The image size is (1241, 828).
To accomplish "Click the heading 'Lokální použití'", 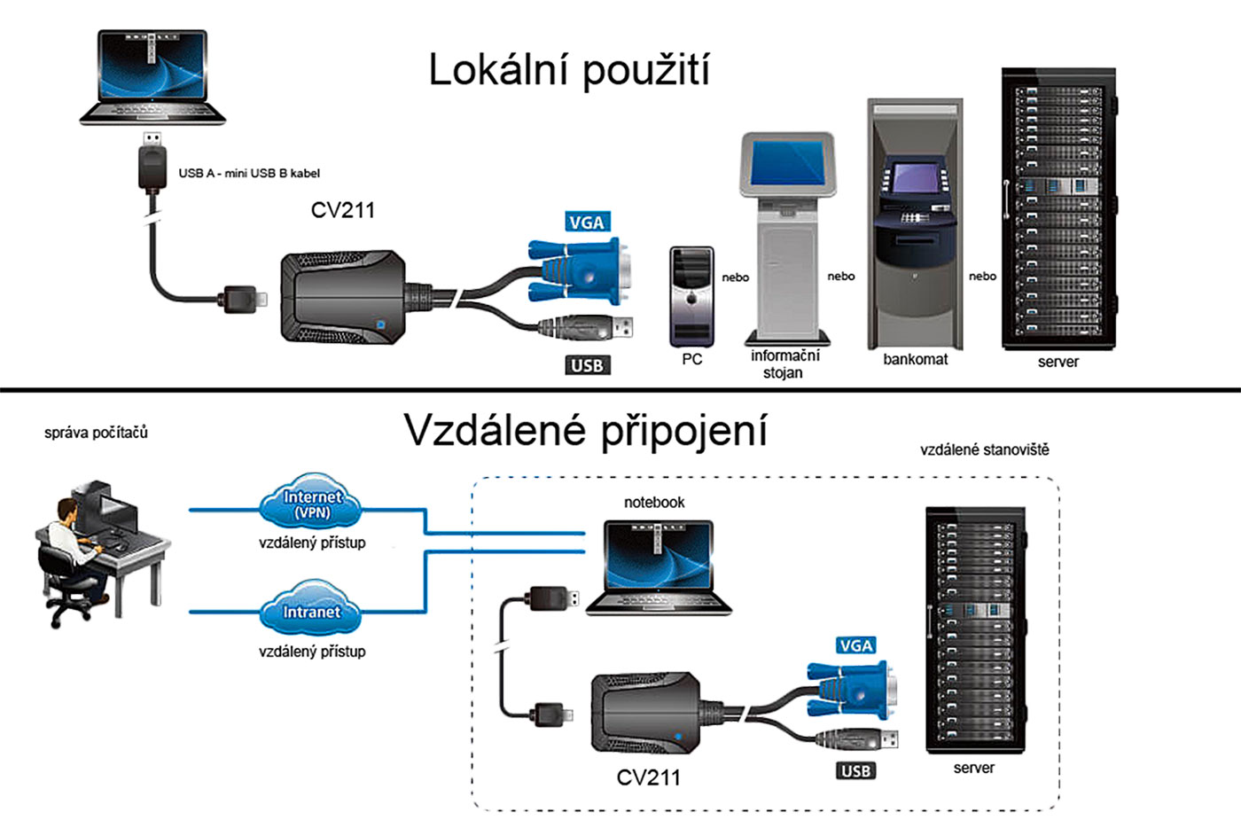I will (x=568, y=70).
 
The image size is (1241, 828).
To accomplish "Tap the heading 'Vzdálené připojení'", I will (x=585, y=430).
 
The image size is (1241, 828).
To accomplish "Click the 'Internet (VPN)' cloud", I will (x=312, y=503).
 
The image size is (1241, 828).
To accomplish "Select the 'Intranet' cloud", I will (x=311, y=611).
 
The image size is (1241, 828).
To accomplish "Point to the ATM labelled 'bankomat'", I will (x=914, y=225).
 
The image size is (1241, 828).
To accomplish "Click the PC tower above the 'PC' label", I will (x=691, y=297).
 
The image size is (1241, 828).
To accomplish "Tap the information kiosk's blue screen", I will (x=787, y=163).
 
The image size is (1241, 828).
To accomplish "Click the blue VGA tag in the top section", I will (x=587, y=222).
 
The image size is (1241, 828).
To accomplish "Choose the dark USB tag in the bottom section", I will (x=855, y=770).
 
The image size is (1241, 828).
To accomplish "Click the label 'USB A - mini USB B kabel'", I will (x=249, y=173).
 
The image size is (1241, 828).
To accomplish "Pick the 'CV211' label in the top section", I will (x=343, y=210).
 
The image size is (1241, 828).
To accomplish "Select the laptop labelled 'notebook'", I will (x=659, y=567).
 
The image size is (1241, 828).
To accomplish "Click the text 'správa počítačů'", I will (x=96, y=433).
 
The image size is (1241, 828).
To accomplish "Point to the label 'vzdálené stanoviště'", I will (x=984, y=449).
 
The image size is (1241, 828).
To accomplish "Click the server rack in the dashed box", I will (x=974, y=629).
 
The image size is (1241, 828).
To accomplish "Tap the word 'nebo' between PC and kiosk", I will (x=735, y=277).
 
